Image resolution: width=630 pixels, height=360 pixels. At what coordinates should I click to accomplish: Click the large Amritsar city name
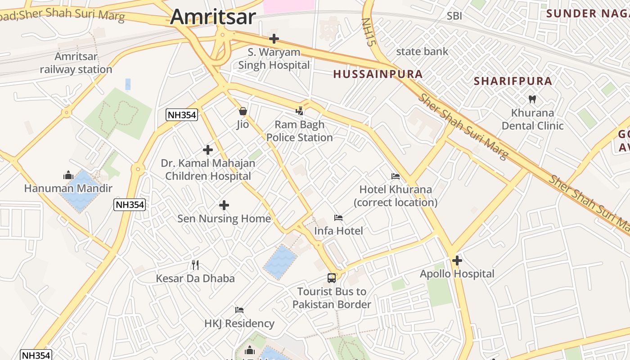coord(213,17)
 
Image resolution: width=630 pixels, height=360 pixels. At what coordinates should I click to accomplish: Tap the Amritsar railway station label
coord(76,63)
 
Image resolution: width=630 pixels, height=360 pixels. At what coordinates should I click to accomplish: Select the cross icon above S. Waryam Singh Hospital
coord(274,39)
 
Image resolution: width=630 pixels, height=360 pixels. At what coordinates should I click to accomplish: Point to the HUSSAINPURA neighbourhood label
coord(378,74)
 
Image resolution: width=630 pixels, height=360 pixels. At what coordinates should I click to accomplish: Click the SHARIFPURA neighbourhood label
coord(513,81)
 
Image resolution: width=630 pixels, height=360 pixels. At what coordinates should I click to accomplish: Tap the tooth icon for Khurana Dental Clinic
coord(532,99)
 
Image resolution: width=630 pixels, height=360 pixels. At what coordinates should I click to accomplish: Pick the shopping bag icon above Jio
coord(243,111)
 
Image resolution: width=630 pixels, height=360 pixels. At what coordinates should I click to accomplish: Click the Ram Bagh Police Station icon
coord(299,111)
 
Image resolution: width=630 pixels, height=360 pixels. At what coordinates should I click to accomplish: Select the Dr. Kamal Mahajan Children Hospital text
coord(208,170)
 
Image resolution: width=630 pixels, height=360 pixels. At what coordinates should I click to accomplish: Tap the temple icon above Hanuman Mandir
coord(68,175)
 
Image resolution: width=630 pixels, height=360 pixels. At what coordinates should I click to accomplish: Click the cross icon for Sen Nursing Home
coord(224,206)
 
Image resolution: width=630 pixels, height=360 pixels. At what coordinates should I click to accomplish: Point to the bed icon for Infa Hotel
coord(338,218)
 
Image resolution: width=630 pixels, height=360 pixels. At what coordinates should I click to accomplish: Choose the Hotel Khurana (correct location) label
coord(396,196)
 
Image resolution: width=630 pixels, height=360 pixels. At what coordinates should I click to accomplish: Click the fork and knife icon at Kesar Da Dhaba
coord(195,265)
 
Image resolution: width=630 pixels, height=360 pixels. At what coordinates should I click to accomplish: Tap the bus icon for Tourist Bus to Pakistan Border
coord(332,278)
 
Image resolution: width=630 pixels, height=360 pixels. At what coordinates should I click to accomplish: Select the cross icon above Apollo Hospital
coord(457,261)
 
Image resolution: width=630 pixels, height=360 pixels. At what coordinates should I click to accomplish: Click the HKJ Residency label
coord(239,323)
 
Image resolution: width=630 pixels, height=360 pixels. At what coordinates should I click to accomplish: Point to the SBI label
coord(454,16)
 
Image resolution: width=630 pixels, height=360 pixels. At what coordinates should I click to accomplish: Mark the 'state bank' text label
coord(422,51)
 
